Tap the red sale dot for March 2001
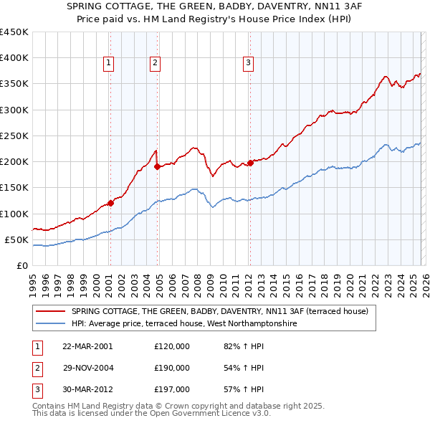[110, 203]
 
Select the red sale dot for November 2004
[157, 167]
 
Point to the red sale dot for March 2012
[250, 163]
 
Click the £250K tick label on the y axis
[14, 136]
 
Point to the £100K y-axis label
[14, 214]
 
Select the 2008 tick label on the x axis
[196, 282]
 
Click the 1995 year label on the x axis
[32, 282]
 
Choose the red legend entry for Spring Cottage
[219, 311]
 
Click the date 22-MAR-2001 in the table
[87, 346]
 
